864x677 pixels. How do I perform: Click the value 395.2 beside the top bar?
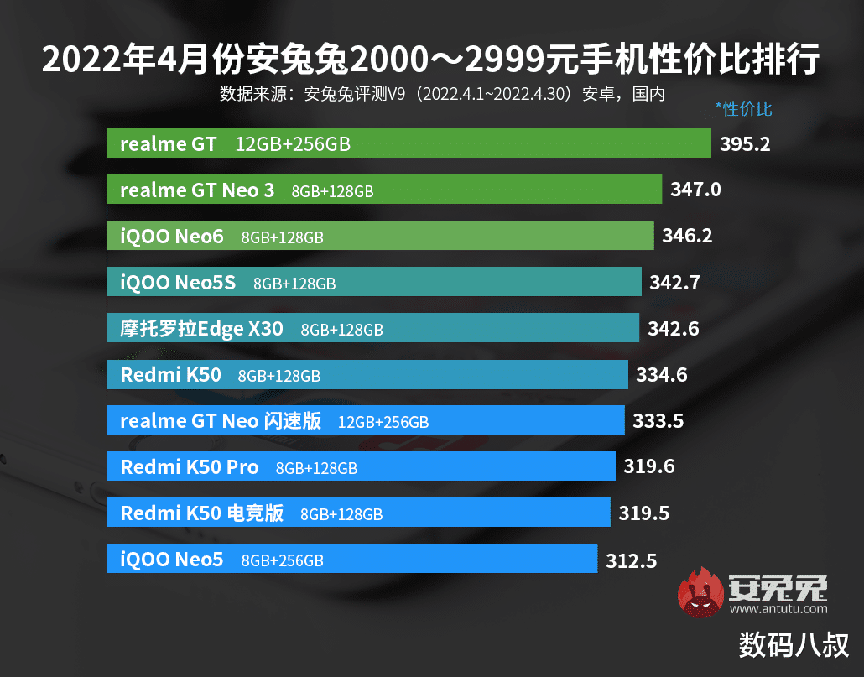coord(745,143)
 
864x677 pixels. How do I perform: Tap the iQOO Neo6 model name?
coord(172,237)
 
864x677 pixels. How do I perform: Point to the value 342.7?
coord(674,283)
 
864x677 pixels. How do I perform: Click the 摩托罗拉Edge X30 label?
coord(202,329)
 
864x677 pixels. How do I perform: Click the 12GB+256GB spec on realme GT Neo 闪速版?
coord(383,422)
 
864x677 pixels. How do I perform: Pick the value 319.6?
coord(649,466)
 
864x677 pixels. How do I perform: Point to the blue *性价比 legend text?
coord(743,108)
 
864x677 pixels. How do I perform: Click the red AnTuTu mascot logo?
coord(702,593)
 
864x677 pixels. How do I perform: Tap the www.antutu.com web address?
coord(784,608)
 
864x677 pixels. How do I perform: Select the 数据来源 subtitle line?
coord(442,93)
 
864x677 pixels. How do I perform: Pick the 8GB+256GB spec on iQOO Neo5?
coord(282,560)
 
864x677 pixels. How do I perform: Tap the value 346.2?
coord(687,237)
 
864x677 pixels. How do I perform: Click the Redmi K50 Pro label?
coord(190,467)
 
